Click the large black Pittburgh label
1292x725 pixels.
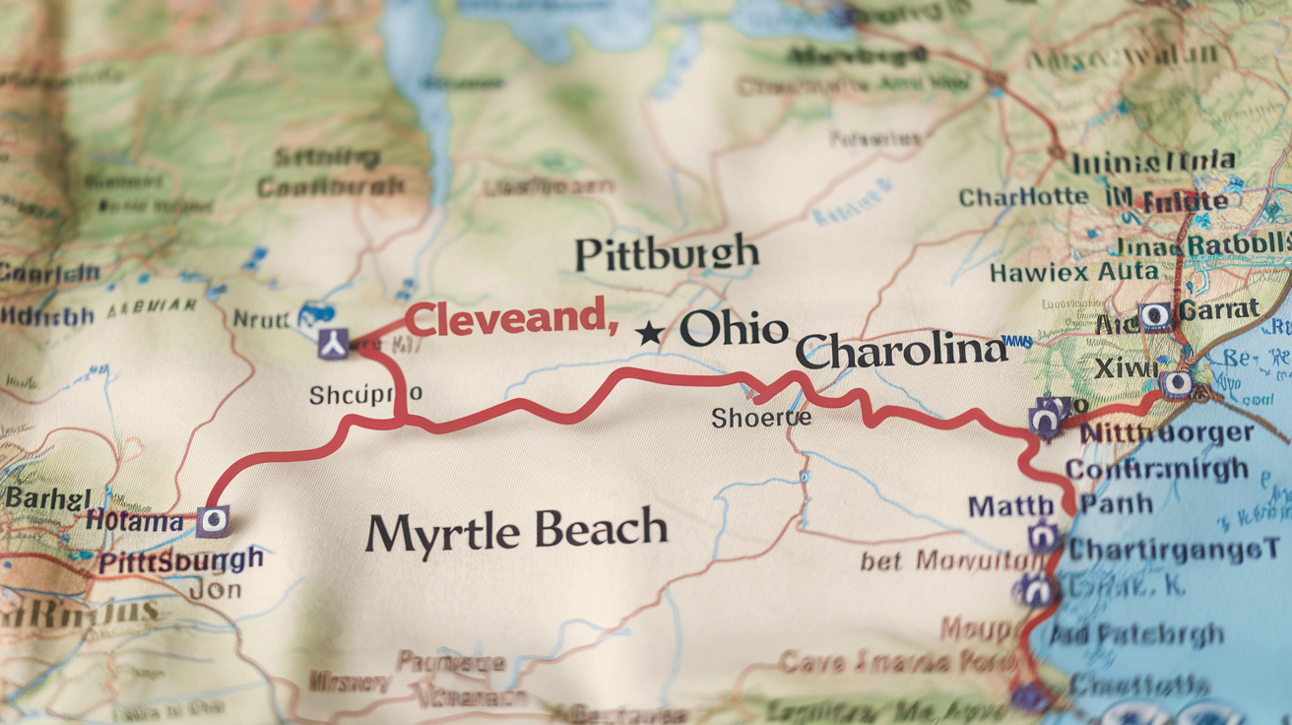[x=667, y=254]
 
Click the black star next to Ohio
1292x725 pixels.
[x=649, y=333]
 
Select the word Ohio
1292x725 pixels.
[x=734, y=330]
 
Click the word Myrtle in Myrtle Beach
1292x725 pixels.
[x=442, y=533]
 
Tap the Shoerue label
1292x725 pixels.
[x=761, y=418]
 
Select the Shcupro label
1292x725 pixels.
[x=365, y=395]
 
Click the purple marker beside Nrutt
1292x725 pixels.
[x=333, y=344]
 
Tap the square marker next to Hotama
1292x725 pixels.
[x=212, y=520]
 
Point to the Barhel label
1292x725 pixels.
[x=46, y=497]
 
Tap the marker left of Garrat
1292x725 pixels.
[x=1155, y=316]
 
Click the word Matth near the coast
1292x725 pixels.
[x=1010, y=506]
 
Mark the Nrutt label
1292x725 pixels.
[x=261, y=319]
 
